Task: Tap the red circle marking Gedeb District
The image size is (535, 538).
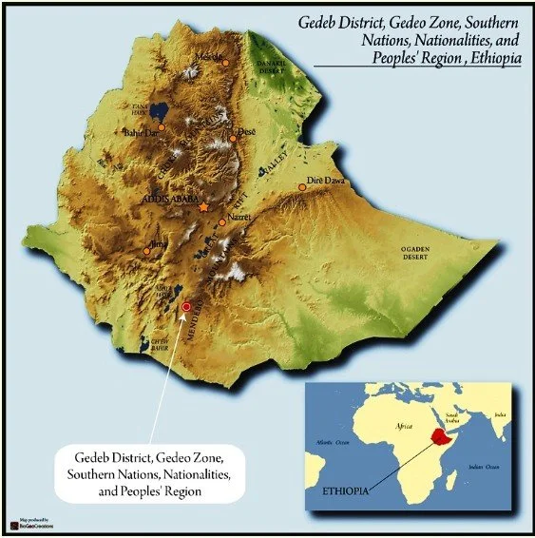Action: click(x=186, y=306)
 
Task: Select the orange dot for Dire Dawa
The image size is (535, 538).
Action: click(x=302, y=187)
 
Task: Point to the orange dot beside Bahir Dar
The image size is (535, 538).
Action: click(x=162, y=126)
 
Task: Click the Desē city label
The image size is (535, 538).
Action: click(x=246, y=131)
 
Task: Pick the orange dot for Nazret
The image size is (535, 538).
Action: click(x=222, y=222)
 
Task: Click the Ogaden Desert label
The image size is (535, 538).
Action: click(x=419, y=252)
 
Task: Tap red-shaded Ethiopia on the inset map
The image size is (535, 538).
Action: click(x=437, y=438)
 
